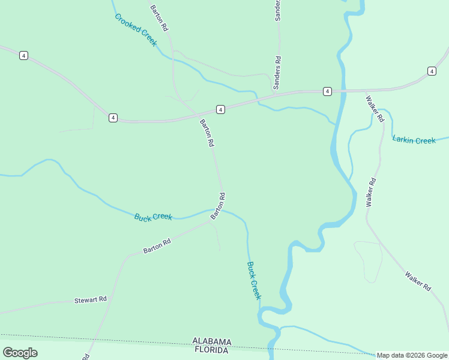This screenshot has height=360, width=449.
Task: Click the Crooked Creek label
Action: tap(136, 30)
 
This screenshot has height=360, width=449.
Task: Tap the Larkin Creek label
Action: tap(414, 140)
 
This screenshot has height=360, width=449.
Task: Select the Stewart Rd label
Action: tap(90, 299)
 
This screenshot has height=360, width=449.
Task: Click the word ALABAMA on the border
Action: tap(211, 341)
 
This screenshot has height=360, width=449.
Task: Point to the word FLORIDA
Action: tap(210, 350)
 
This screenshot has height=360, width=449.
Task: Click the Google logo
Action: tap(20, 353)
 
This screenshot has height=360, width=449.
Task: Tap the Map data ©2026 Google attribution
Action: tap(412, 355)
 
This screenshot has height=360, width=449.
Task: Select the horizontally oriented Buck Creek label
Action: tap(153, 217)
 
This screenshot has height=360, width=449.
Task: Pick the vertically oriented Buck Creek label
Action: tap(254, 280)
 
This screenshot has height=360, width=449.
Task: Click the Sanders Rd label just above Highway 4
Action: tap(278, 73)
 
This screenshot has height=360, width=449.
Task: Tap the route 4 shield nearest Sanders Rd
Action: tap(327, 91)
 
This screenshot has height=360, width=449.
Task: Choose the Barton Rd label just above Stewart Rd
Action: tap(157, 245)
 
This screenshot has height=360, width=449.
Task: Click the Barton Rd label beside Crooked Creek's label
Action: tap(159, 18)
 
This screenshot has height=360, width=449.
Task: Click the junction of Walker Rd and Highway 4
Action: tap(366, 91)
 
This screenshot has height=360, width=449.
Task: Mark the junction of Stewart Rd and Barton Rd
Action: tap(109, 298)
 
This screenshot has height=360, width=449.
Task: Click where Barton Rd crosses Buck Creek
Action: tap(215, 210)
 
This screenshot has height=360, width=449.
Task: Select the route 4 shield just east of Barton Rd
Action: tap(221, 109)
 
